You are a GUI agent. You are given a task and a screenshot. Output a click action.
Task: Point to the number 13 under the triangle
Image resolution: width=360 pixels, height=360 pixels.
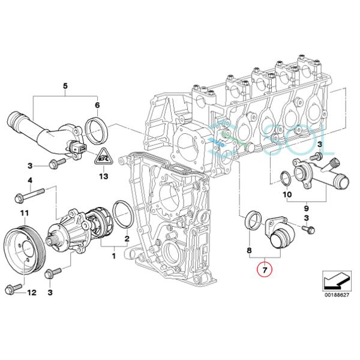pos(103,177)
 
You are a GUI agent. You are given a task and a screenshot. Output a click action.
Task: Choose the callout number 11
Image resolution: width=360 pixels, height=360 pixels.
pos(23,214)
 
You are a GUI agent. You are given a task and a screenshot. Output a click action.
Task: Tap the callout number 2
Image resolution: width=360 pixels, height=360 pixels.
pos(126,239)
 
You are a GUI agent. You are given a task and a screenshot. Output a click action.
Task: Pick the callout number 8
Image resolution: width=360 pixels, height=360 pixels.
pos(250,248)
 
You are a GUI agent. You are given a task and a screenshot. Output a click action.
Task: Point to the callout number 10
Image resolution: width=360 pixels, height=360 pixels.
pos(286,195)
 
